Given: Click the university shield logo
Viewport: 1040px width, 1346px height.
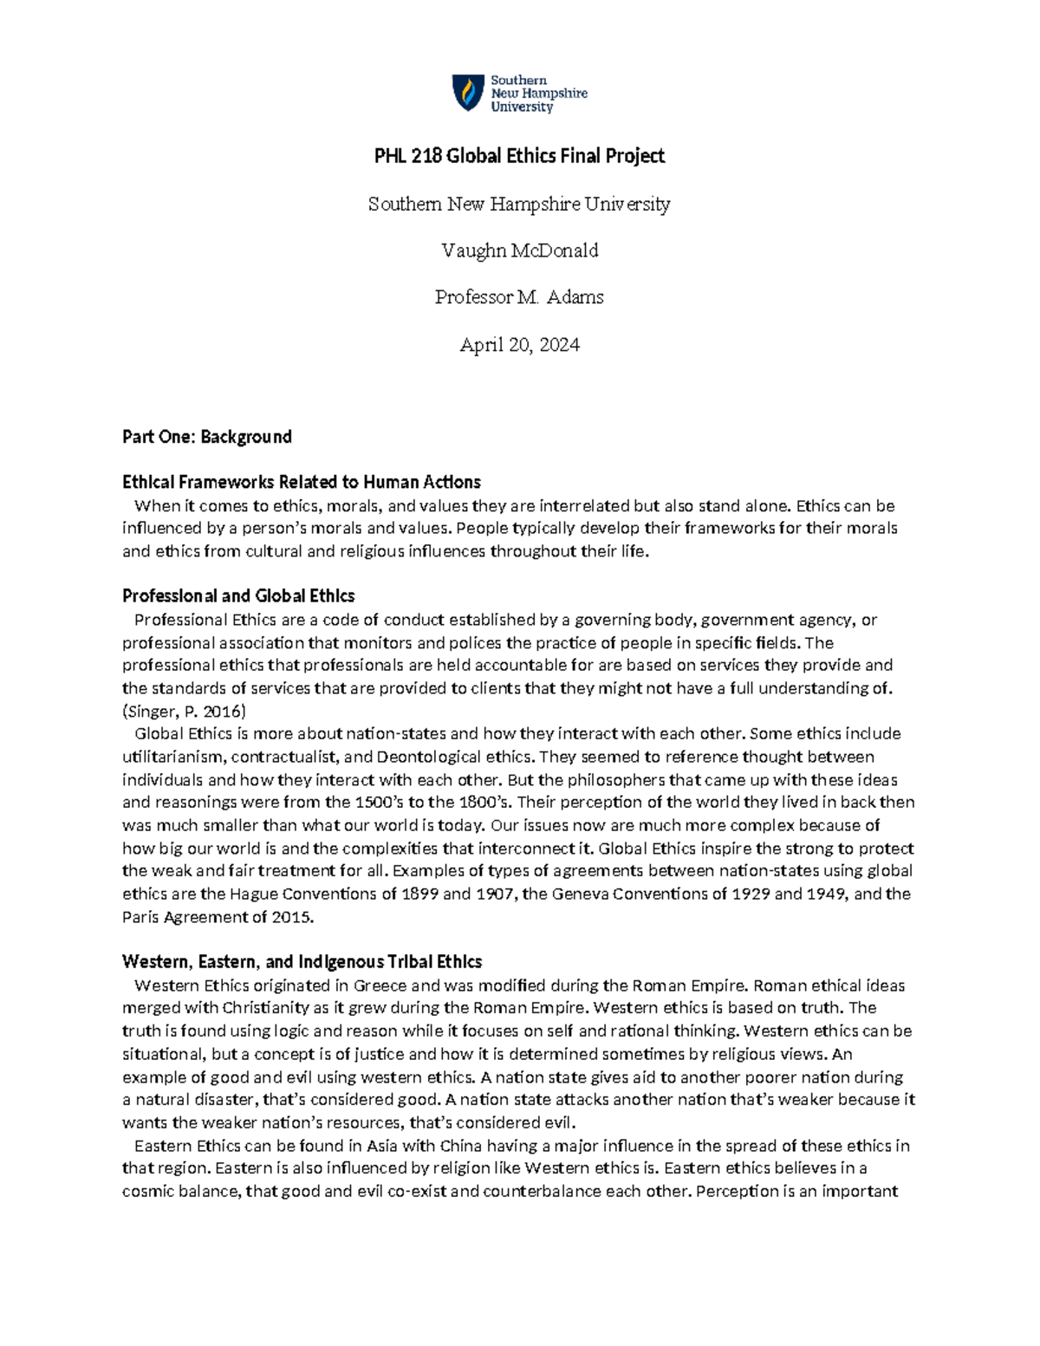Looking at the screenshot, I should pos(468,93).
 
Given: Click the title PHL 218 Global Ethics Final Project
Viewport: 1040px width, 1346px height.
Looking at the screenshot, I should pos(519,156).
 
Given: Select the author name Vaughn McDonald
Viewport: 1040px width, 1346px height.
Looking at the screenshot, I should pos(519,250).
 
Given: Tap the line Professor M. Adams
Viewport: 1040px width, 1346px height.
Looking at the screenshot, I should pos(519,297).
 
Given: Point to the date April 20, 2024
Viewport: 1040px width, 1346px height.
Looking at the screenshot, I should pos(519,345).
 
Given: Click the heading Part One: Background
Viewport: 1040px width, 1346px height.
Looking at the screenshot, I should pos(207,437).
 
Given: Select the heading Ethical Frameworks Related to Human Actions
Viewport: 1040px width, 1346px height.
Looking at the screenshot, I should pos(302,482).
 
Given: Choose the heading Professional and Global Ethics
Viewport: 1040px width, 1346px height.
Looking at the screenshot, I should pos(238,596).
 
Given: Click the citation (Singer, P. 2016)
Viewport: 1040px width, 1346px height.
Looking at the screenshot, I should pos(185,712).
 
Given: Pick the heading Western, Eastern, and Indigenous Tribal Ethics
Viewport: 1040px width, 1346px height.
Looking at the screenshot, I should pos(302,962).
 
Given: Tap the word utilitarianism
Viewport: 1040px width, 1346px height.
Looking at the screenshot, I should pos(172,757).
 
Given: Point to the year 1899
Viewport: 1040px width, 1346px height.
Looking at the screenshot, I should pos(420,894).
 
